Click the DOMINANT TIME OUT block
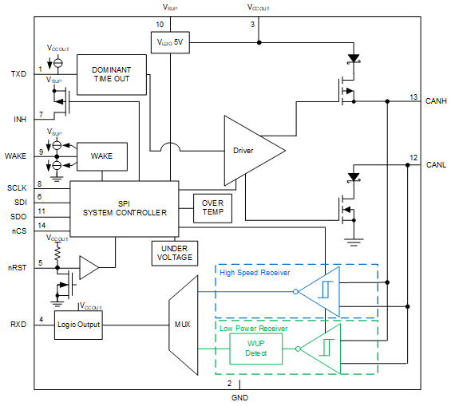112,75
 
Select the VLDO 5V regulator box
170,42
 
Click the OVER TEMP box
212,208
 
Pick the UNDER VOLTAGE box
175,253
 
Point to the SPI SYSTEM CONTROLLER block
125,209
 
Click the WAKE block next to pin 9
102,156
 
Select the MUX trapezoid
184,325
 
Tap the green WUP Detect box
255,349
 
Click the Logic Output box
78,325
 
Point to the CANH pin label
436,101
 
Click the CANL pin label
436,165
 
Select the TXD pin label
18,74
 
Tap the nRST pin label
18,268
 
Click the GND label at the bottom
239,398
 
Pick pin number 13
413,97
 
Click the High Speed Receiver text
255,273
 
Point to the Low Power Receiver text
254,329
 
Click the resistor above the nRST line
57,252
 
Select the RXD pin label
18,325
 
